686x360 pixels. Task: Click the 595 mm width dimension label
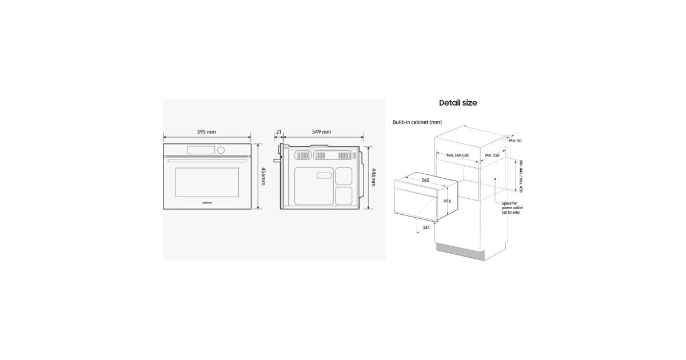coord(206,132)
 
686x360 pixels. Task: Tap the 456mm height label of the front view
coord(263,177)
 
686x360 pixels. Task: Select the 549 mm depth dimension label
coord(321,132)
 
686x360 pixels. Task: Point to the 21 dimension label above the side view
coord(279,132)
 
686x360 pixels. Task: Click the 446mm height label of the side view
coord(374,177)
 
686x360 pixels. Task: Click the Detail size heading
coord(458,103)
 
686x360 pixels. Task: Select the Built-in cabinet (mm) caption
coord(417,122)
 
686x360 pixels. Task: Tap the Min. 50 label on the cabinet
coord(515,141)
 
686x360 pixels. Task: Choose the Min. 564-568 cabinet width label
coord(457,155)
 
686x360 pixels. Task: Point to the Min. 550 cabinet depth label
coord(492,155)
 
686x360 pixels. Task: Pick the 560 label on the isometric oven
coord(425,181)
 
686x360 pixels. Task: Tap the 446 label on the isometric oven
coord(447,201)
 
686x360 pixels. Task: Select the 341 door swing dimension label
coord(426,227)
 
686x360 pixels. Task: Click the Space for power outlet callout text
coord(512,208)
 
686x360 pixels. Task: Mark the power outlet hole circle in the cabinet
coord(495,179)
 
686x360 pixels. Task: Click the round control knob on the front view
coord(221,150)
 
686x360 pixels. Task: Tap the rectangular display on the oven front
coord(201,150)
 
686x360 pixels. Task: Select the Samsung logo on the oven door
coord(208,203)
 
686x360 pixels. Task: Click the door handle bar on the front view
coord(207,161)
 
